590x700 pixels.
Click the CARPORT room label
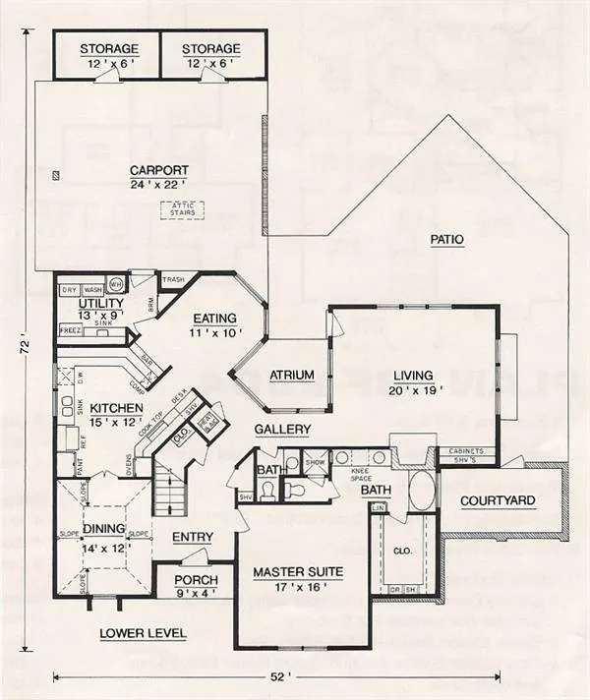(x=158, y=170)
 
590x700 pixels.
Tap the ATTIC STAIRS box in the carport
(x=182, y=208)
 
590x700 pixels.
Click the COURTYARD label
(x=498, y=500)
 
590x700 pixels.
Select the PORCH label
(x=195, y=579)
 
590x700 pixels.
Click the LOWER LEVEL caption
(x=143, y=634)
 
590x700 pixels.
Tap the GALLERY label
(x=282, y=430)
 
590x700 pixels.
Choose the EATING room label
(x=214, y=319)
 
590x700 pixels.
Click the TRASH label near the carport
(x=173, y=280)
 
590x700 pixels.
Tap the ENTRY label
(x=192, y=537)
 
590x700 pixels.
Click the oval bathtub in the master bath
(x=421, y=491)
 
